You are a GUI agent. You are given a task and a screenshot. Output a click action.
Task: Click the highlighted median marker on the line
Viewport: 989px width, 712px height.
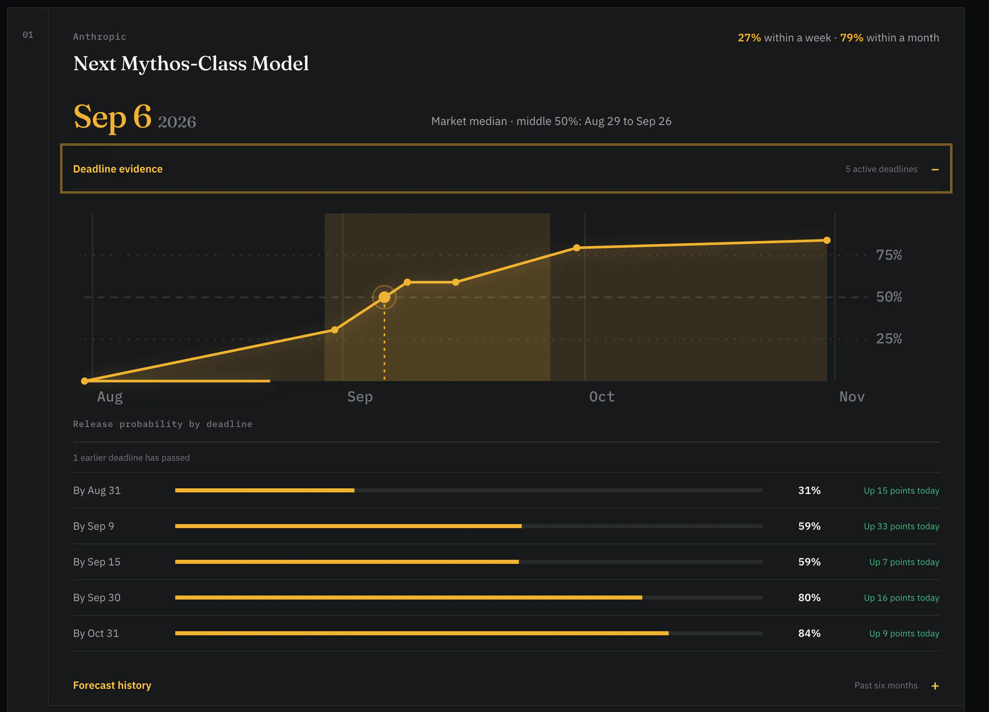pyautogui.click(x=384, y=297)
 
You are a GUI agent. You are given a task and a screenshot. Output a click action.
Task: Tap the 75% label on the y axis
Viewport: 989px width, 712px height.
pyautogui.click(x=889, y=255)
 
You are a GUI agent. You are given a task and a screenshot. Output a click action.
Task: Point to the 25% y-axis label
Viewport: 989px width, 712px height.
pyautogui.click(x=889, y=339)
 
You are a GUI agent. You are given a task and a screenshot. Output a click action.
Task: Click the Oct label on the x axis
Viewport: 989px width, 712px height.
pyautogui.click(x=602, y=397)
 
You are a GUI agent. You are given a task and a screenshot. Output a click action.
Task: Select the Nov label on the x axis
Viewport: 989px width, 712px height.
pyautogui.click(x=851, y=397)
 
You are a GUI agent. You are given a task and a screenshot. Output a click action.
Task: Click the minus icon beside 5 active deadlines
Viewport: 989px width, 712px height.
pyautogui.click(x=935, y=169)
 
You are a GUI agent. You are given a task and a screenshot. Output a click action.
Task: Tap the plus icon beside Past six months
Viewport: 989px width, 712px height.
pyautogui.click(x=935, y=686)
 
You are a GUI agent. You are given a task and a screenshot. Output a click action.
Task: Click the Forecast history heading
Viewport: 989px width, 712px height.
pyautogui.click(x=112, y=685)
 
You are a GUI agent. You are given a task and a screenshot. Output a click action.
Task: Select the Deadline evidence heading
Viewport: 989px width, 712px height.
pyautogui.click(x=118, y=169)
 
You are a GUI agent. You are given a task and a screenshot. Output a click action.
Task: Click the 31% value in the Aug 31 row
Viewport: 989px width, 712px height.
pyautogui.click(x=809, y=490)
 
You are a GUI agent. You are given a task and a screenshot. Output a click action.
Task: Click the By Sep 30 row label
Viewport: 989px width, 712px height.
pyautogui.click(x=97, y=598)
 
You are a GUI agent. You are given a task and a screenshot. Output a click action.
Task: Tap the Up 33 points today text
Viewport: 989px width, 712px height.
pyautogui.click(x=901, y=526)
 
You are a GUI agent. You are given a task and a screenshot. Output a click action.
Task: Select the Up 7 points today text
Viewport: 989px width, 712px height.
pyautogui.click(x=904, y=562)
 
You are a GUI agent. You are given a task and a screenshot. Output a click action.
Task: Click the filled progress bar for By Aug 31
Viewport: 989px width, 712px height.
pyautogui.click(x=264, y=490)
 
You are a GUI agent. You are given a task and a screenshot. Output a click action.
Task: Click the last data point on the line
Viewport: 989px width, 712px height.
pyautogui.click(x=827, y=240)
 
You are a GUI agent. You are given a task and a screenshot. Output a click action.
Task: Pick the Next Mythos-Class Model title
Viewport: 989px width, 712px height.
pyautogui.click(x=191, y=64)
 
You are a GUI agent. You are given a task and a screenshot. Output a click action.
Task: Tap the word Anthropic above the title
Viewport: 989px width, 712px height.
pyautogui.click(x=99, y=37)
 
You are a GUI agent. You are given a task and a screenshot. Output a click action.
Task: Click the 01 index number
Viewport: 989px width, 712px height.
pyautogui.click(x=28, y=35)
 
